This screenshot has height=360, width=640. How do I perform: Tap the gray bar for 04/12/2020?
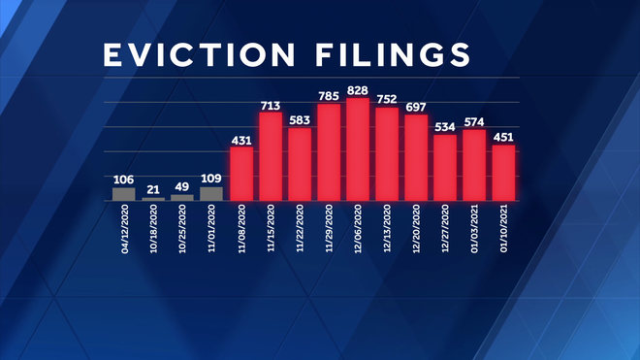point(124,194)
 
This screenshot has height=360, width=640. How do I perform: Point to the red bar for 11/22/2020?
point(300,164)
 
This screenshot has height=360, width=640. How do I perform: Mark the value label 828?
point(358,90)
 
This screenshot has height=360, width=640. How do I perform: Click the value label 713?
point(271,105)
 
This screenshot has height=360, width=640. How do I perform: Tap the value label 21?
point(153,190)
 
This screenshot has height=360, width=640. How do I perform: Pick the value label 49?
point(182,186)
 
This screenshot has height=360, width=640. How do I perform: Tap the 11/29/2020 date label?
point(329,229)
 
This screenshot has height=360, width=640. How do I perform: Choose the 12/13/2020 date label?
point(387,229)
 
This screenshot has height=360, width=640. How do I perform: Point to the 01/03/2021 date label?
point(474,229)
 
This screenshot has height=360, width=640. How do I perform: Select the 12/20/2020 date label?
point(416,229)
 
